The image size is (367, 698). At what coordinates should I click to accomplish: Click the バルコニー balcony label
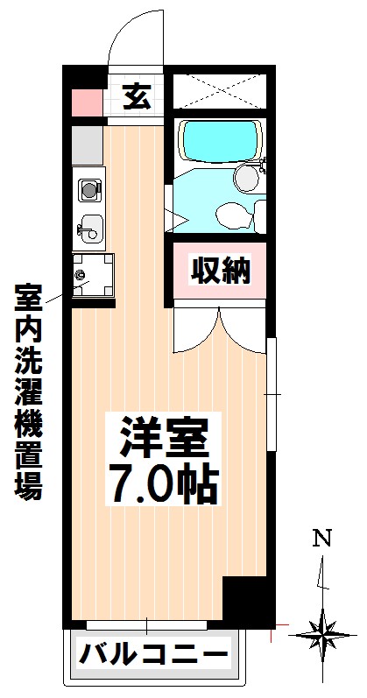(154, 653)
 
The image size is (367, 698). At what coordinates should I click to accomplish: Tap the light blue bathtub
(218, 138)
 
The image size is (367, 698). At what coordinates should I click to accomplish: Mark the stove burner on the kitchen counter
(88, 187)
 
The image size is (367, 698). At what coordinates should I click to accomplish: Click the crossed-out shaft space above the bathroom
(217, 93)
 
